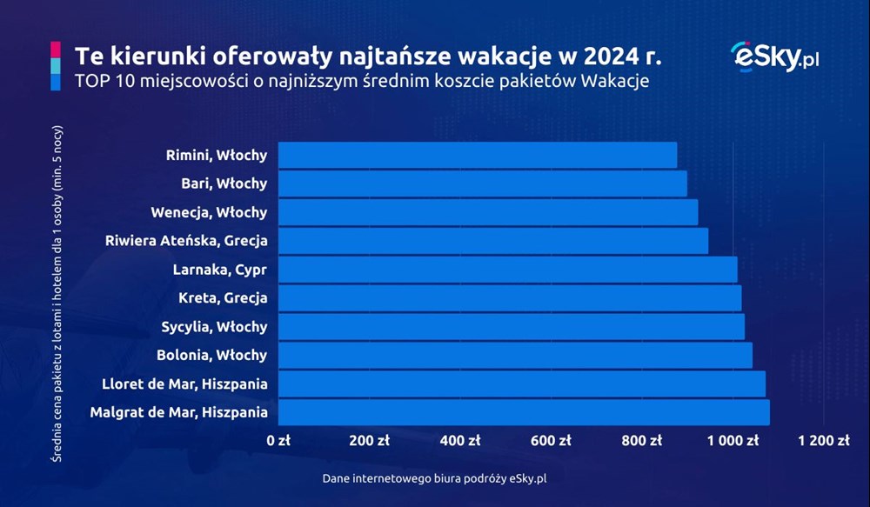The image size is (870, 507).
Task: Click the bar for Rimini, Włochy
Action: click(477, 155)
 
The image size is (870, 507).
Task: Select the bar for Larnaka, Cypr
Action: click(508, 269)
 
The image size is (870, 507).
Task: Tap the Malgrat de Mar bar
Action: click(524, 412)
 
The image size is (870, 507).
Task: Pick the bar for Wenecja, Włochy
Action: click(488, 212)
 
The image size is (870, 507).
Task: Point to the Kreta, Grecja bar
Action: click(509, 298)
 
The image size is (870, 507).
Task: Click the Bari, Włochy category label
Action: click(224, 183)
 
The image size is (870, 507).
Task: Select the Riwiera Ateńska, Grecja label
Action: click(186, 241)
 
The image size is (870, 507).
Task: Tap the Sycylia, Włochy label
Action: click(214, 327)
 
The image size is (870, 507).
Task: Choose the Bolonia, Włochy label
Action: click(212, 355)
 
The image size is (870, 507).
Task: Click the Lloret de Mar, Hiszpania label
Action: click(184, 384)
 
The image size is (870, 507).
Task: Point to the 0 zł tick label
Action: click(278, 440)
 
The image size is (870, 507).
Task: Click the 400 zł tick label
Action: click(460, 440)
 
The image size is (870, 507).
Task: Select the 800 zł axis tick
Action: click(641, 440)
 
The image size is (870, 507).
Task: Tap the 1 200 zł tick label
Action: click(823, 440)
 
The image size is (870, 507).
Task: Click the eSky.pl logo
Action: click(774, 57)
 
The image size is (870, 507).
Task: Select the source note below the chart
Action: click(434, 478)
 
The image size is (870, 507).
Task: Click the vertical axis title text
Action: click(57, 294)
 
